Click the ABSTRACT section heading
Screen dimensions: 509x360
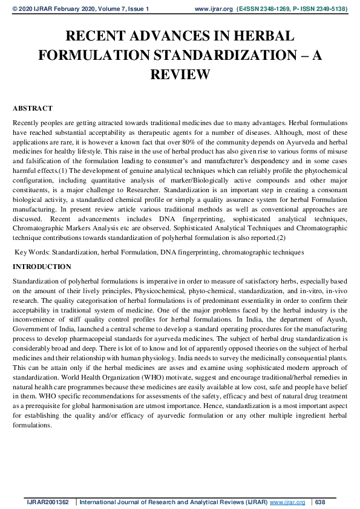pyautogui.click(x=32, y=108)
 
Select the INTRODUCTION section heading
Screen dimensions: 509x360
pyautogui.click(x=42, y=267)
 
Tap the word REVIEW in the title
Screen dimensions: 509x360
pyautogui.click(x=179, y=75)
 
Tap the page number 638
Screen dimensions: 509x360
pyautogui.click(x=321, y=502)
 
